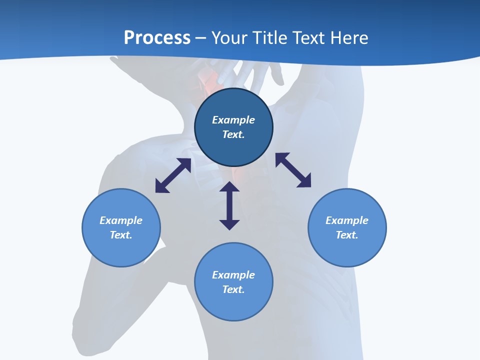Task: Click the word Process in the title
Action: [157, 38]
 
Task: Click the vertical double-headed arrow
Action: [229, 205]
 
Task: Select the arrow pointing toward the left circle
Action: [173, 175]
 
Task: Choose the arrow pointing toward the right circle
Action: [293, 170]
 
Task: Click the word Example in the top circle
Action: [233, 120]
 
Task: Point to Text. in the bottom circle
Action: [233, 289]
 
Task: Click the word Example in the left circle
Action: [121, 220]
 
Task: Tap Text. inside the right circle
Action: [347, 235]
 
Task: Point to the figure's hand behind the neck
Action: [250, 75]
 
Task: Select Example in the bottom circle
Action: [233, 275]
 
